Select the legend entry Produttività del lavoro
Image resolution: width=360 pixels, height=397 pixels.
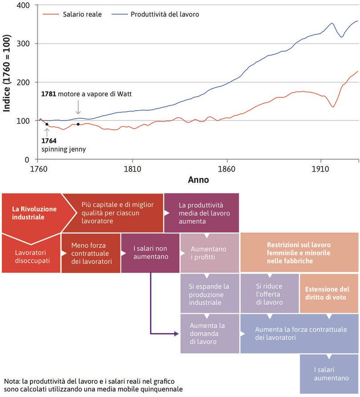point(164,14)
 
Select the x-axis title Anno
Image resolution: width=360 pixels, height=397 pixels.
point(198,180)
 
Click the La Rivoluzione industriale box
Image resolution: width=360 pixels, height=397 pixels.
point(28,213)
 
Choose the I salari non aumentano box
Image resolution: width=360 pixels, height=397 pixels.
point(150,253)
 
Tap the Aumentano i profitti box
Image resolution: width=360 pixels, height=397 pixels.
point(209,253)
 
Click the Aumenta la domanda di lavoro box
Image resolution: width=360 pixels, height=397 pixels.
point(209,333)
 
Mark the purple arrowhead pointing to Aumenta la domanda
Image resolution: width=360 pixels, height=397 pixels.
point(178,333)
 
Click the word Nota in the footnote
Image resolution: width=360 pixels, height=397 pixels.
point(12,381)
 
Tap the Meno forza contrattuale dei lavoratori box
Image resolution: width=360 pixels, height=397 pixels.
point(91,253)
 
